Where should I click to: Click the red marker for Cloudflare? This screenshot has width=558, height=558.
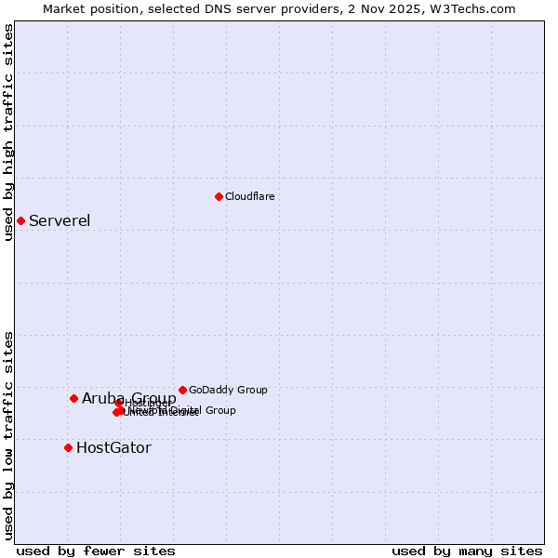(x=219, y=196)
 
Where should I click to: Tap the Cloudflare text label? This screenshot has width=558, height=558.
(x=249, y=196)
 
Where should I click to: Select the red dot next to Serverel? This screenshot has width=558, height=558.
(x=20, y=220)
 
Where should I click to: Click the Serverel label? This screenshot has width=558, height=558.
(x=60, y=220)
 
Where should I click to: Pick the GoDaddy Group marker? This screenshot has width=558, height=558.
(x=182, y=390)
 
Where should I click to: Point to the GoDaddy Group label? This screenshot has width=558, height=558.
(x=228, y=390)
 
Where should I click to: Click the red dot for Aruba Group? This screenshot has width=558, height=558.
(x=73, y=398)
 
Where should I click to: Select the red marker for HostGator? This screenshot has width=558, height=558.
(x=68, y=447)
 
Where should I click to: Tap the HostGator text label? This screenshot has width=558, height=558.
(x=113, y=447)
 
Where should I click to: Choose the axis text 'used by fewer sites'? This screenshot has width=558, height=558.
(x=96, y=551)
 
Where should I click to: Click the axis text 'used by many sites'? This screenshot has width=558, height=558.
(x=467, y=551)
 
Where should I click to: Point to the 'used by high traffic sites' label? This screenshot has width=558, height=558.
(x=9, y=132)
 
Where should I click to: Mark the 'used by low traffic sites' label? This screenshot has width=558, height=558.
(x=9, y=434)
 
